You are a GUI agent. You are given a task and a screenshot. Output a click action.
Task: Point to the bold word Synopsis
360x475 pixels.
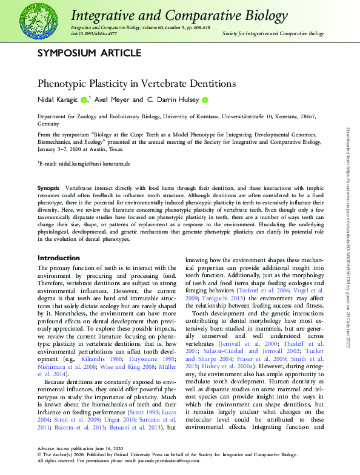[x=48, y=190]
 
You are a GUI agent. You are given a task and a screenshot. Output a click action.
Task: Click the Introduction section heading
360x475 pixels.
[x=59, y=258]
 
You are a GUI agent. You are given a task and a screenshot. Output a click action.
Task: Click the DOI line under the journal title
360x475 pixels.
[x=90, y=34]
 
